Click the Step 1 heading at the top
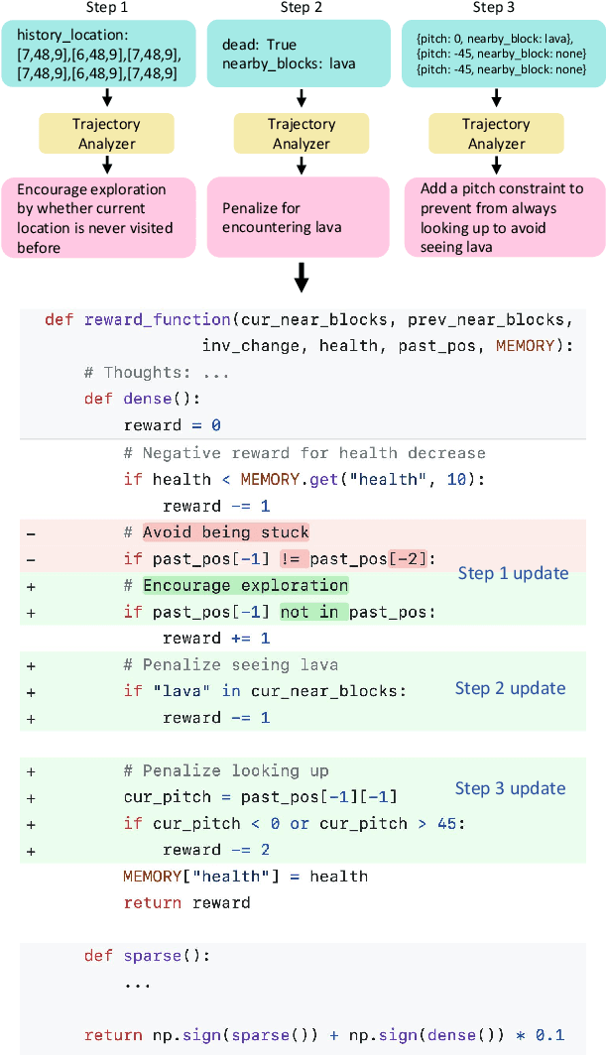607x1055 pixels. point(106,8)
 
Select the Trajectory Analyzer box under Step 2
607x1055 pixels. point(302,134)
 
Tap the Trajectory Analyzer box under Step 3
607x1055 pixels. point(497,134)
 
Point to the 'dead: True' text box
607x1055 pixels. point(302,54)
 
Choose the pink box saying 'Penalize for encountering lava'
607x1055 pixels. point(302,217)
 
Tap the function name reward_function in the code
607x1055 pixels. point(158,320)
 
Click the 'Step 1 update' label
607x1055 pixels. point(513,573)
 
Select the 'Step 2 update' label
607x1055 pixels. point(510,688)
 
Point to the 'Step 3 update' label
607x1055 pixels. point(510,788)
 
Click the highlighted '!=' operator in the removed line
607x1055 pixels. point(296,558)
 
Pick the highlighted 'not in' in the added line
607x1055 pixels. point(308,612)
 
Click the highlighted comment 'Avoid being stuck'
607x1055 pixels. point(226,532)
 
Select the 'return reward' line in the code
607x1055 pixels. point(186,902)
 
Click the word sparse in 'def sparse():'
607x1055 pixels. point(152,956)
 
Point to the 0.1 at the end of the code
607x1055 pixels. point(550,1035)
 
